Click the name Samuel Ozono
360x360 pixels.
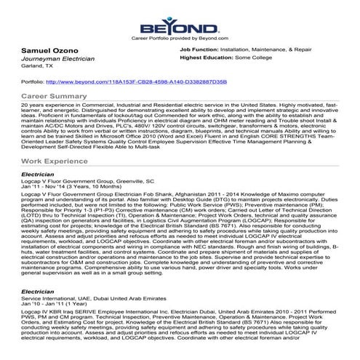coord(38,49)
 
